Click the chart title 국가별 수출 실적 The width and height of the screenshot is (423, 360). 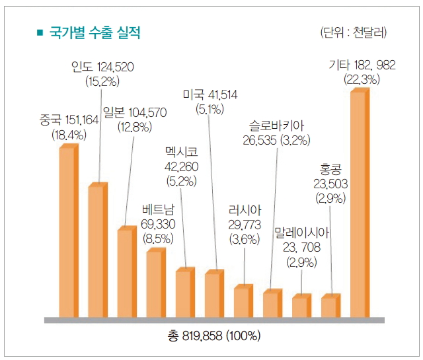click(95, 32)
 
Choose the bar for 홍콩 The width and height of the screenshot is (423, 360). click(330, 306)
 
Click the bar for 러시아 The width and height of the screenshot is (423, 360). click(243, 301)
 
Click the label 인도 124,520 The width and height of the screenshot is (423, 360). click(103, 67)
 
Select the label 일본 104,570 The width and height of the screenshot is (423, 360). click(134, 112)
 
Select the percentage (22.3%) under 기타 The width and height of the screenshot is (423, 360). click(362, 79)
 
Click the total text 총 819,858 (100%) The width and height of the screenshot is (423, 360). click(215, 336)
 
